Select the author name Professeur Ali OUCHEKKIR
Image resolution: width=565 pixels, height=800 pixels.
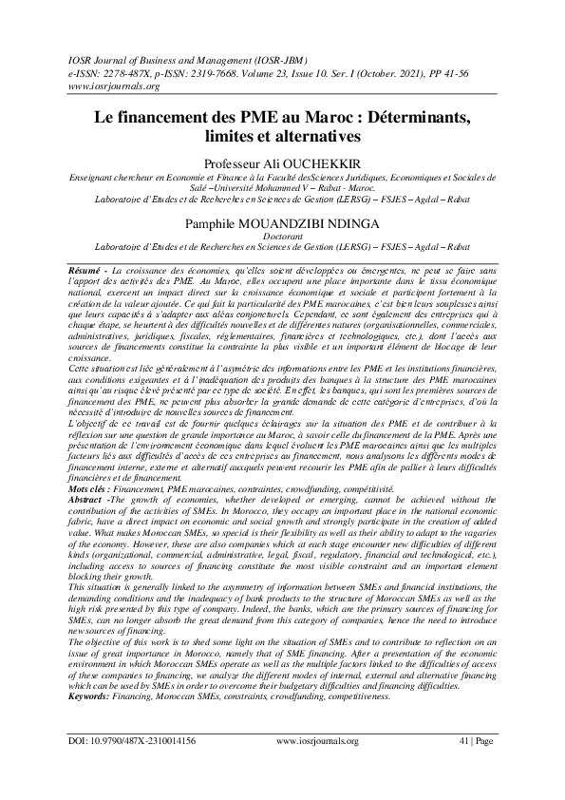click(282, 162)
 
